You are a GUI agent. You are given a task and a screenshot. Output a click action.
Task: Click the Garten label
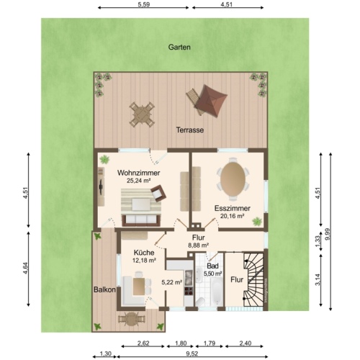coord(179,47)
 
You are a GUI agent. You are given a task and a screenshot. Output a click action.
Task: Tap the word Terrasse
coord(190,130)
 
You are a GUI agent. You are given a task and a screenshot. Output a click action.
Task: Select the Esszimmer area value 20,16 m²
coord(230,215)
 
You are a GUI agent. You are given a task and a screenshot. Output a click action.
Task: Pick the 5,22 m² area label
coord(172,283)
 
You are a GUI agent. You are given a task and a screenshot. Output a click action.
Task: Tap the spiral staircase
coord(253,281)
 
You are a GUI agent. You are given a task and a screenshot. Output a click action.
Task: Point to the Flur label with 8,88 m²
coord(198,245)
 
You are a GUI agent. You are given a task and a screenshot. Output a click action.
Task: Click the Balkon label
coord(104,289)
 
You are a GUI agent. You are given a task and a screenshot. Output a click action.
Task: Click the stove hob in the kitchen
coord(189,292)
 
